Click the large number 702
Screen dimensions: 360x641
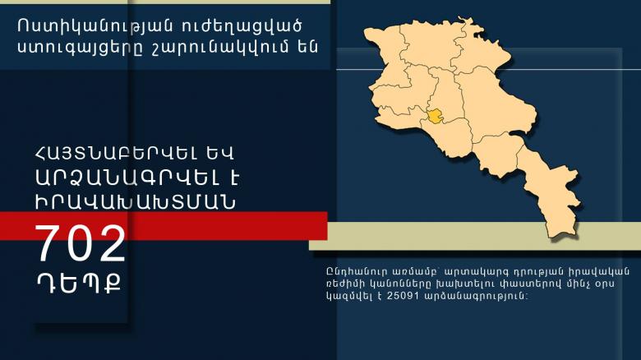80,244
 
